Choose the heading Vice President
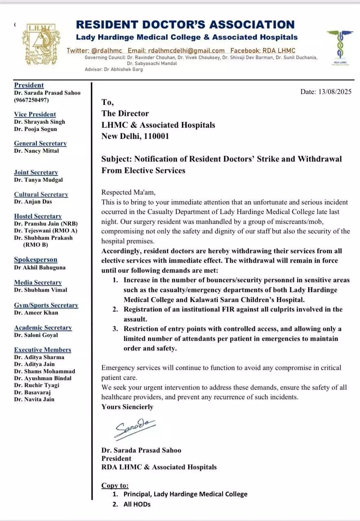pyautogui.click(x=35, y=114)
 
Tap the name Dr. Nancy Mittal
pyautogui.click(x=37, y=151)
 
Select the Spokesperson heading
pyautogui.click(x=36, y=260)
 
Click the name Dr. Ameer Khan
pyautogui.click(x=36, y=313)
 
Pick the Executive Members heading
pyautogui.click(x=43, y=350)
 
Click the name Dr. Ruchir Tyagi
pyautogui.click(x=37, y=385)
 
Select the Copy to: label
pyautogui.click(x=115, y=485)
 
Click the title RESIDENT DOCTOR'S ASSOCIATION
pyautogui.click(x=185, y=24)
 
